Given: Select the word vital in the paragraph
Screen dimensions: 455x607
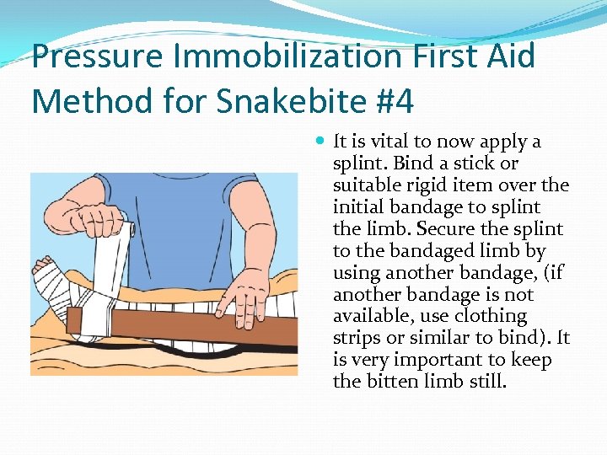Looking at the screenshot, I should tap(380, 142).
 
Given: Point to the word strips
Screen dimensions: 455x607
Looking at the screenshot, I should tap(356, 339).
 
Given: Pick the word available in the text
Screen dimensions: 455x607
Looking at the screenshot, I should tap(368, 317).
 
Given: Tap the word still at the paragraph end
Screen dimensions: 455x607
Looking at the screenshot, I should tap(486, 383).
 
